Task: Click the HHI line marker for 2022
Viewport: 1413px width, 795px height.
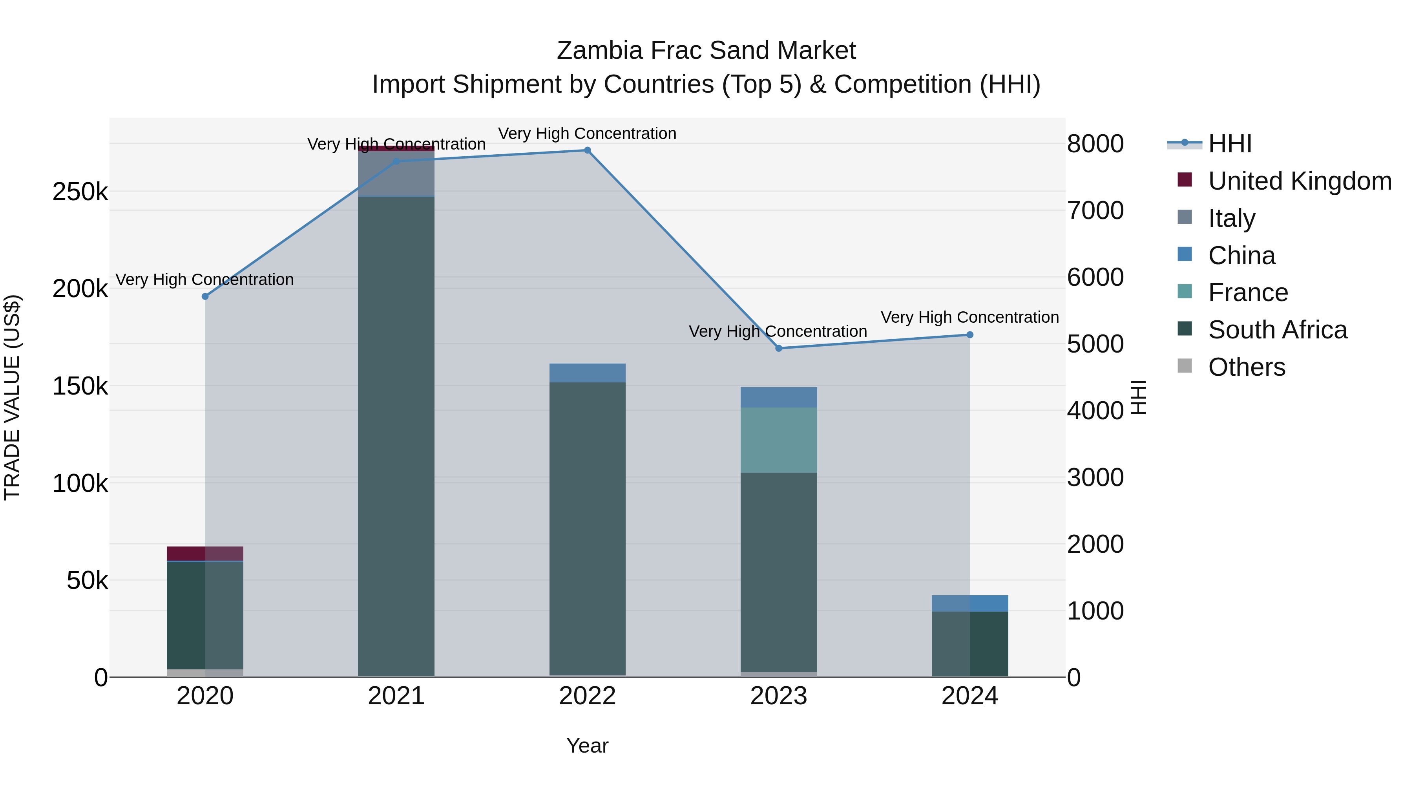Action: pyautogui.click(x=587, y=150)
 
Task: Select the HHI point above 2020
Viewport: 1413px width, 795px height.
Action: pyautogui.click(x=205, y=296)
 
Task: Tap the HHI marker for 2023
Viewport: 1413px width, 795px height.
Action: pyautogui.click(x=778, y=348)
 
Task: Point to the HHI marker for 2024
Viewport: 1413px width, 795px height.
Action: pyautogui.click(x=970, y=334)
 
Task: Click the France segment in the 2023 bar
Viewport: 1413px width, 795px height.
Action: pyautogui.click(x=778, y=440)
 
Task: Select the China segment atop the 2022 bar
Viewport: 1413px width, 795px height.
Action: pyautogui.click(x=587, y=373)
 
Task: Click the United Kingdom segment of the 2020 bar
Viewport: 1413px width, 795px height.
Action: pyautogui.click(x=205, y=554)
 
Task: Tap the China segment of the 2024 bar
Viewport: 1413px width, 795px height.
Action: pyautogui.click(x=970, y=603)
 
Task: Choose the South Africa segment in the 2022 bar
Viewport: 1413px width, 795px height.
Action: pyautogui.click(x=587, y=527)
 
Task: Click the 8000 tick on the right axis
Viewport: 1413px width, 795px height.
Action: pyautogui.click(x=1095, y=144)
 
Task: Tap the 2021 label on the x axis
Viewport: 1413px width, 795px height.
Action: pyautogui.click(x=396, y=696)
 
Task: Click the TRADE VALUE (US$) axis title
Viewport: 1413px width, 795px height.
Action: pyautogui.click(x=12, y=397)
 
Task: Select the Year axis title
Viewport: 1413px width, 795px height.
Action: pyautogui.click(x=587, y=746)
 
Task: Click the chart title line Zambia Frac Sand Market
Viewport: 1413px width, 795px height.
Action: pyautogui.click(x=706, y=51)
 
